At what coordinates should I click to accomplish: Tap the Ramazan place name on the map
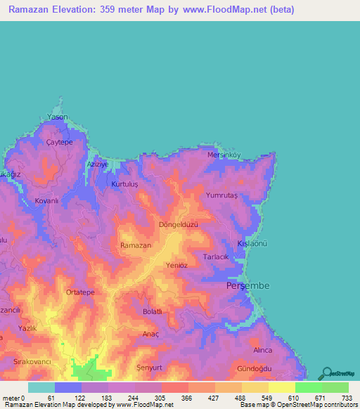click(136, 245)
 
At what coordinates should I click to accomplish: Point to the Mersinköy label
click(224, 155)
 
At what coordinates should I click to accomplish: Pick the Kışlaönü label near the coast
click(253, 242)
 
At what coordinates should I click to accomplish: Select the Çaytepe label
click(60, 142)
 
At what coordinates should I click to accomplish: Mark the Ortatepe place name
click(79, 292)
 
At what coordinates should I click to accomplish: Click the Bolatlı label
click(153, 311)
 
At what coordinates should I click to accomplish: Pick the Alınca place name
click(263, 349)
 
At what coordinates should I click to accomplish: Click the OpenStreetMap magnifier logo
click(328, 373)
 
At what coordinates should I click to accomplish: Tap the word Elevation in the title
click(77, 10)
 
